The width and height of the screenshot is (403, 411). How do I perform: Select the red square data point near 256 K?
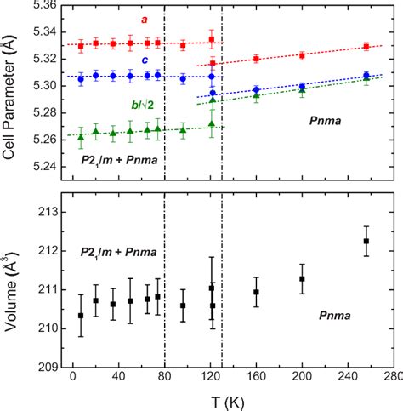(366, 46)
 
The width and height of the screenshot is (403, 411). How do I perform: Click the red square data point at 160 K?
(256, 59)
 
